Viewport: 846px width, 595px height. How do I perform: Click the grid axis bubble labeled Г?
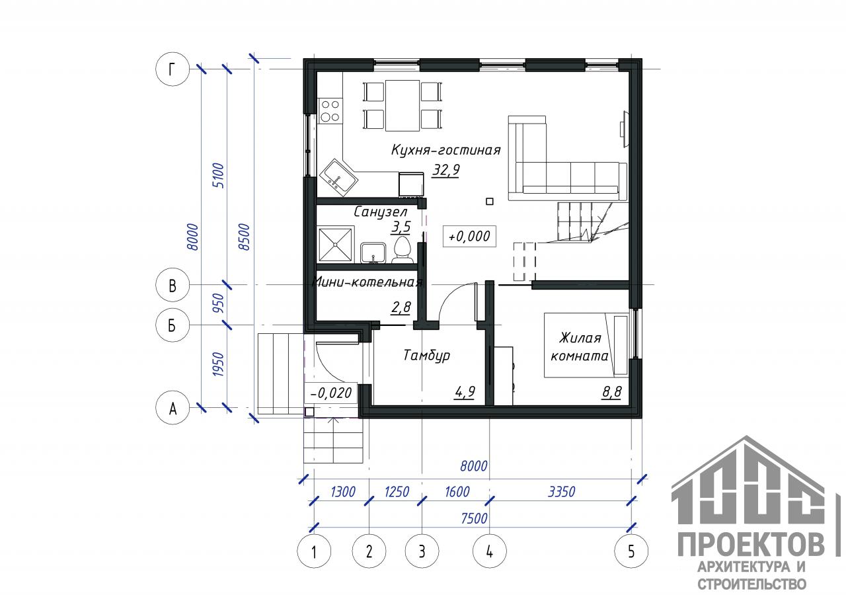(x=173, y=69)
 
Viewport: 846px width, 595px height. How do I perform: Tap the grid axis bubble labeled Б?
(x=173, y=325)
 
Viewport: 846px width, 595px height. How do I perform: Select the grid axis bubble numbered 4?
(x=490, y=551)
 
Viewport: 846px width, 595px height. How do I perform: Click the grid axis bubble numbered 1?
(x=314, y=551)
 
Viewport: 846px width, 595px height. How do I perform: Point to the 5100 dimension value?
(x=219, y=175)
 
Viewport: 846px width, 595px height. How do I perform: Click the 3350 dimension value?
(x=561, y=491)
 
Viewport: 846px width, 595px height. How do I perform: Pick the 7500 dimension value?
(x=474, y=518)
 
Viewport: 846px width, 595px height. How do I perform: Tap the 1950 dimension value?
(x=219, y=364)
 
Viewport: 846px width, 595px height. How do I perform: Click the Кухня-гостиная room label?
(x=445, y=150)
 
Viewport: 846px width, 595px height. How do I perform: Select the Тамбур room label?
(x=426, y=355)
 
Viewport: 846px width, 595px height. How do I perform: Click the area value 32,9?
(x=446, y=170)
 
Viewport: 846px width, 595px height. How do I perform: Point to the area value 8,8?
(x=611, y=392)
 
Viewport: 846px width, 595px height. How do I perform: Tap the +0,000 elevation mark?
(x=469, y=237)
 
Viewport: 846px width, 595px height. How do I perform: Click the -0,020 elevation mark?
(x=331, y=393)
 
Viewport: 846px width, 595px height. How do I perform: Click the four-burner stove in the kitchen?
(x=330, y=111)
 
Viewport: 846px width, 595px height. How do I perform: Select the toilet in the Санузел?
(x=402, y=250)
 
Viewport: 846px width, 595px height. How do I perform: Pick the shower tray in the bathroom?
(x=335, y=245)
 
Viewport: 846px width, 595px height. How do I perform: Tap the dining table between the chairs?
(x=403, y=105)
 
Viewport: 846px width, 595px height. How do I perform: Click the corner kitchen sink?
(x=338, y=177)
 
